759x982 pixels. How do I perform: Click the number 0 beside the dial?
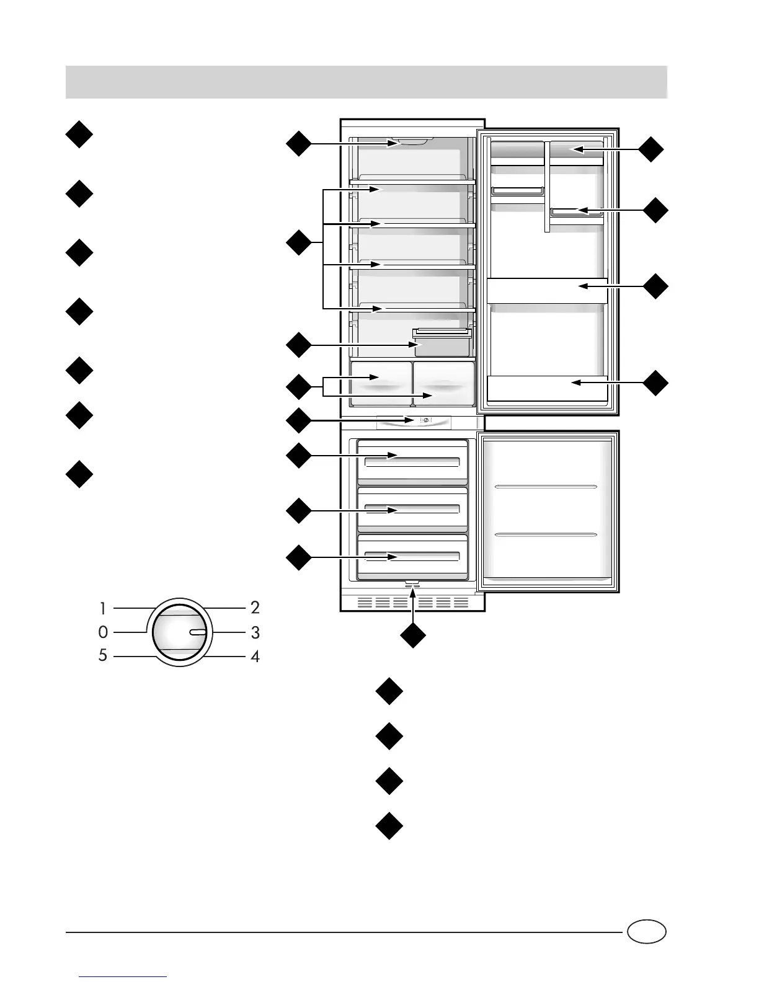coord(103,632)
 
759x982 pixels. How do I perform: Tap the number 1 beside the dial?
coord(104,608)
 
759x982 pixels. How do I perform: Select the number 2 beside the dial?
coord(255,607)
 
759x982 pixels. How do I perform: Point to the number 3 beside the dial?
coord(255,633)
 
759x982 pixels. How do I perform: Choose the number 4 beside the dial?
coord(255,655)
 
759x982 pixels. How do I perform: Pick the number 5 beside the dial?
coord(103,655)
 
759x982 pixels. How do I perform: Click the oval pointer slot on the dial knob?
coord(197,632)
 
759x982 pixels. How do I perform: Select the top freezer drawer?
coord(412,462)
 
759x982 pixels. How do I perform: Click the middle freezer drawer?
coord(412,509)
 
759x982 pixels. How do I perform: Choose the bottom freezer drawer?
coord(412,556)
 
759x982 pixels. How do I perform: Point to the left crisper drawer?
coord(381,384)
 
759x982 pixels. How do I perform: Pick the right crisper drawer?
coord(443,384)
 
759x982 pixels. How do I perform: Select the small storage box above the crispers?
coord(442,343)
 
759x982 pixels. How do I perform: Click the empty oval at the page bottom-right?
coord(646,932)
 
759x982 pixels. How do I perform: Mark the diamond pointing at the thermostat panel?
coord(298,421)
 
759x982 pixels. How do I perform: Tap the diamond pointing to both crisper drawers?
coord(298,387)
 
